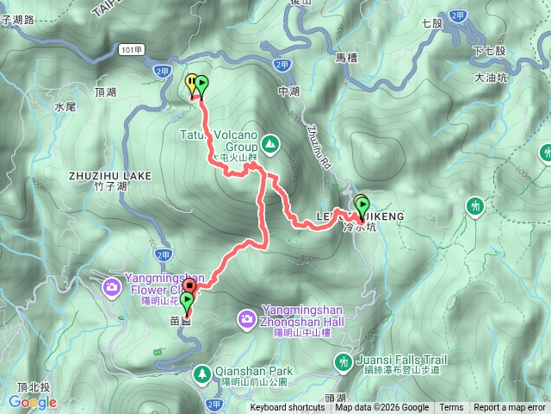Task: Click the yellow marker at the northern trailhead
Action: click(190, 84)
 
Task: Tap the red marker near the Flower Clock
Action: click(189, 283)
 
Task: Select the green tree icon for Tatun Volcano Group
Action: click(270, 142)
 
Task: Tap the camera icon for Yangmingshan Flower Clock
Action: click(112, 285)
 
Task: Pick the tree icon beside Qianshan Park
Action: click(201, 373)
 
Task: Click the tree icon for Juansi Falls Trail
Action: click(344, 361)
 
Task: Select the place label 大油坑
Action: click(492, 78)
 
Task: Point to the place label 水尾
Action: click(65, 108)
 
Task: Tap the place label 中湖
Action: click(288, 89)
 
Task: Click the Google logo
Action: click(33, 401)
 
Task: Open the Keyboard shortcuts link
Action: click(288, 408)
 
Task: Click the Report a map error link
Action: click(510, 408)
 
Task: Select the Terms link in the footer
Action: click(451, 408)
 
